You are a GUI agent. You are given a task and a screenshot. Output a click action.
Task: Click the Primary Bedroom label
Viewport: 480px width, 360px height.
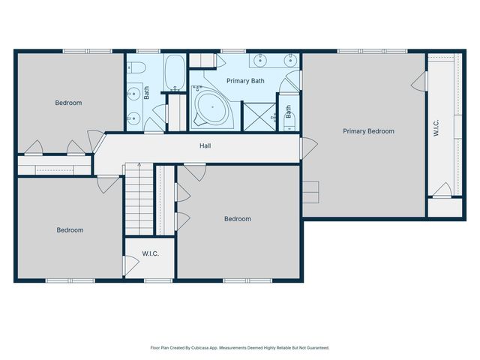tap(368, 131)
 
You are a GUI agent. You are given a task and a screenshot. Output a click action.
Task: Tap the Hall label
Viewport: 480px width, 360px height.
tap(204, 145)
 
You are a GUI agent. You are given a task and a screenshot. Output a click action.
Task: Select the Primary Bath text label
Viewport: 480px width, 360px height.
tap(245, 80)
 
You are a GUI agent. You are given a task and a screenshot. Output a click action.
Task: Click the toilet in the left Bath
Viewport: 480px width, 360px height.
tap(136, 67)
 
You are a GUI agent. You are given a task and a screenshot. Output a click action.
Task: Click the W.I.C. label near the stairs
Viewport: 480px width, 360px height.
tap(151, 253)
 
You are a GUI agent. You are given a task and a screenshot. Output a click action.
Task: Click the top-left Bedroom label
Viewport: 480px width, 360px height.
tap(68, 103)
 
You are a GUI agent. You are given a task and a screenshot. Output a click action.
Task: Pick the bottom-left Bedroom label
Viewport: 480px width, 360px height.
tap(70, 230)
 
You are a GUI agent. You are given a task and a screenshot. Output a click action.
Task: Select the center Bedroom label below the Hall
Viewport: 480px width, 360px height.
tap(238, 219)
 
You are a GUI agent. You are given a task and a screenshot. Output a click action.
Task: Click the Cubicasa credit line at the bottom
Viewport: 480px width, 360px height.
tap(240, 348)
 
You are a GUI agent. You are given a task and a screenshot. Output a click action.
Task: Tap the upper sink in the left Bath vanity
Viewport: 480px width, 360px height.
tap(133, 94)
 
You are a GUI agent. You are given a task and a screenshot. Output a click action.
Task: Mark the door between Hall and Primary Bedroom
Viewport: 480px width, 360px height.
tap(302, 148)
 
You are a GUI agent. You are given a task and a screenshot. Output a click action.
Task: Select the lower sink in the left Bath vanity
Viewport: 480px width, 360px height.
tap(133, 117)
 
